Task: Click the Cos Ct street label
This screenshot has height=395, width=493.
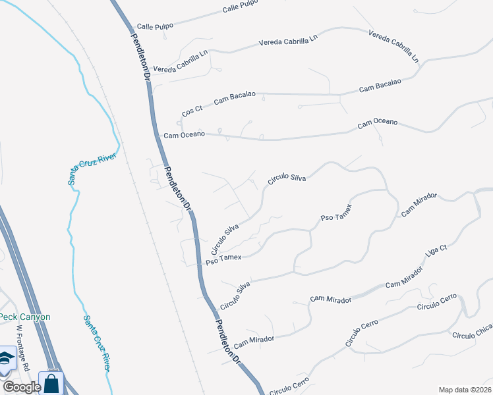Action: pos(192,113)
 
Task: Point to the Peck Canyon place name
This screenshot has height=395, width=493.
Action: pos(24,317)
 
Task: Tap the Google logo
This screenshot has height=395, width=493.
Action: pos(21,387)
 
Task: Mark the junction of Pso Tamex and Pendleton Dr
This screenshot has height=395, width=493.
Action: pos(199,265)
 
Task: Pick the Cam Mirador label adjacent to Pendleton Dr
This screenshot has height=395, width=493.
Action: pos(254,340)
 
